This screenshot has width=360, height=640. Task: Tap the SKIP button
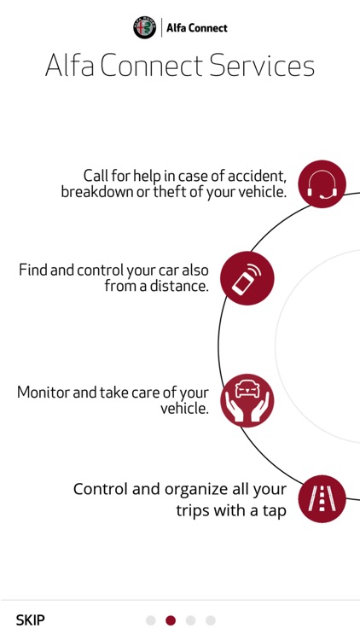tap(31, 620)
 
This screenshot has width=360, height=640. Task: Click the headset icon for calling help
tap(322, 184)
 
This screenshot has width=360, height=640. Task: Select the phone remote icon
tap(247, 278)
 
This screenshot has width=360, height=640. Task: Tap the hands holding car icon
tap(247, 400)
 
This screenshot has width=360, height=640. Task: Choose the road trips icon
tap(322, 498)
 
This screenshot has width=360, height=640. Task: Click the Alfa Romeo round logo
tap(145, 27)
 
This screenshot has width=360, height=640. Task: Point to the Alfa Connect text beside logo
tap(196, 28)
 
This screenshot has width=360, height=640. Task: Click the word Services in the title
tap(267, 67)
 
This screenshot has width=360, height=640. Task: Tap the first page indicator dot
tap(151, 620)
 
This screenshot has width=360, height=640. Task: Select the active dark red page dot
tap(171, 620)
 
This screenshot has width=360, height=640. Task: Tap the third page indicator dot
tap(190, 620)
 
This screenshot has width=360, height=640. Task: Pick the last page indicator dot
tap(211, 620)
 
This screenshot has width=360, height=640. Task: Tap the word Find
tap(33, 271)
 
